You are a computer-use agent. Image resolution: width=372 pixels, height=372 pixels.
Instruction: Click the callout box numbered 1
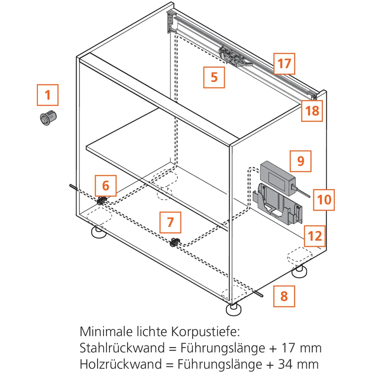[x=48, y=95]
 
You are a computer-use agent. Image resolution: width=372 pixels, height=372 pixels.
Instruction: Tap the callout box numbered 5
[x=214, y=77]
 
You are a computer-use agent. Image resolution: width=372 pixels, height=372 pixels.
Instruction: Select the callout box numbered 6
[x=106, y=185]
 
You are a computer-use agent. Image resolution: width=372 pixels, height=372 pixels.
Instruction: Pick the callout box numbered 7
[x=170, y=222]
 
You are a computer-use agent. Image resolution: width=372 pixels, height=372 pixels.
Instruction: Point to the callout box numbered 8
[x=284, y=296]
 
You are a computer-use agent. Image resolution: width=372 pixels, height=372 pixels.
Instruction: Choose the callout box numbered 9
[x=301, y=161]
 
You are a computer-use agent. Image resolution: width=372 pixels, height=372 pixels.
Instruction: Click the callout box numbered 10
[x=324, y=199]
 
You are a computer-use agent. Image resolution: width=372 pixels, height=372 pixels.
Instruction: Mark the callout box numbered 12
[x=315, y=236]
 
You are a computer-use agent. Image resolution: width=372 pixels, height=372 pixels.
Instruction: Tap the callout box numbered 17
[x=284, y=64]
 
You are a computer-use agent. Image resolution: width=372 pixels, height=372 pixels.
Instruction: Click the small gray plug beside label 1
[x=48, y=118]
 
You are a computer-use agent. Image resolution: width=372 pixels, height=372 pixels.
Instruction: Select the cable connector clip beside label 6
[x=101, y=201]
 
